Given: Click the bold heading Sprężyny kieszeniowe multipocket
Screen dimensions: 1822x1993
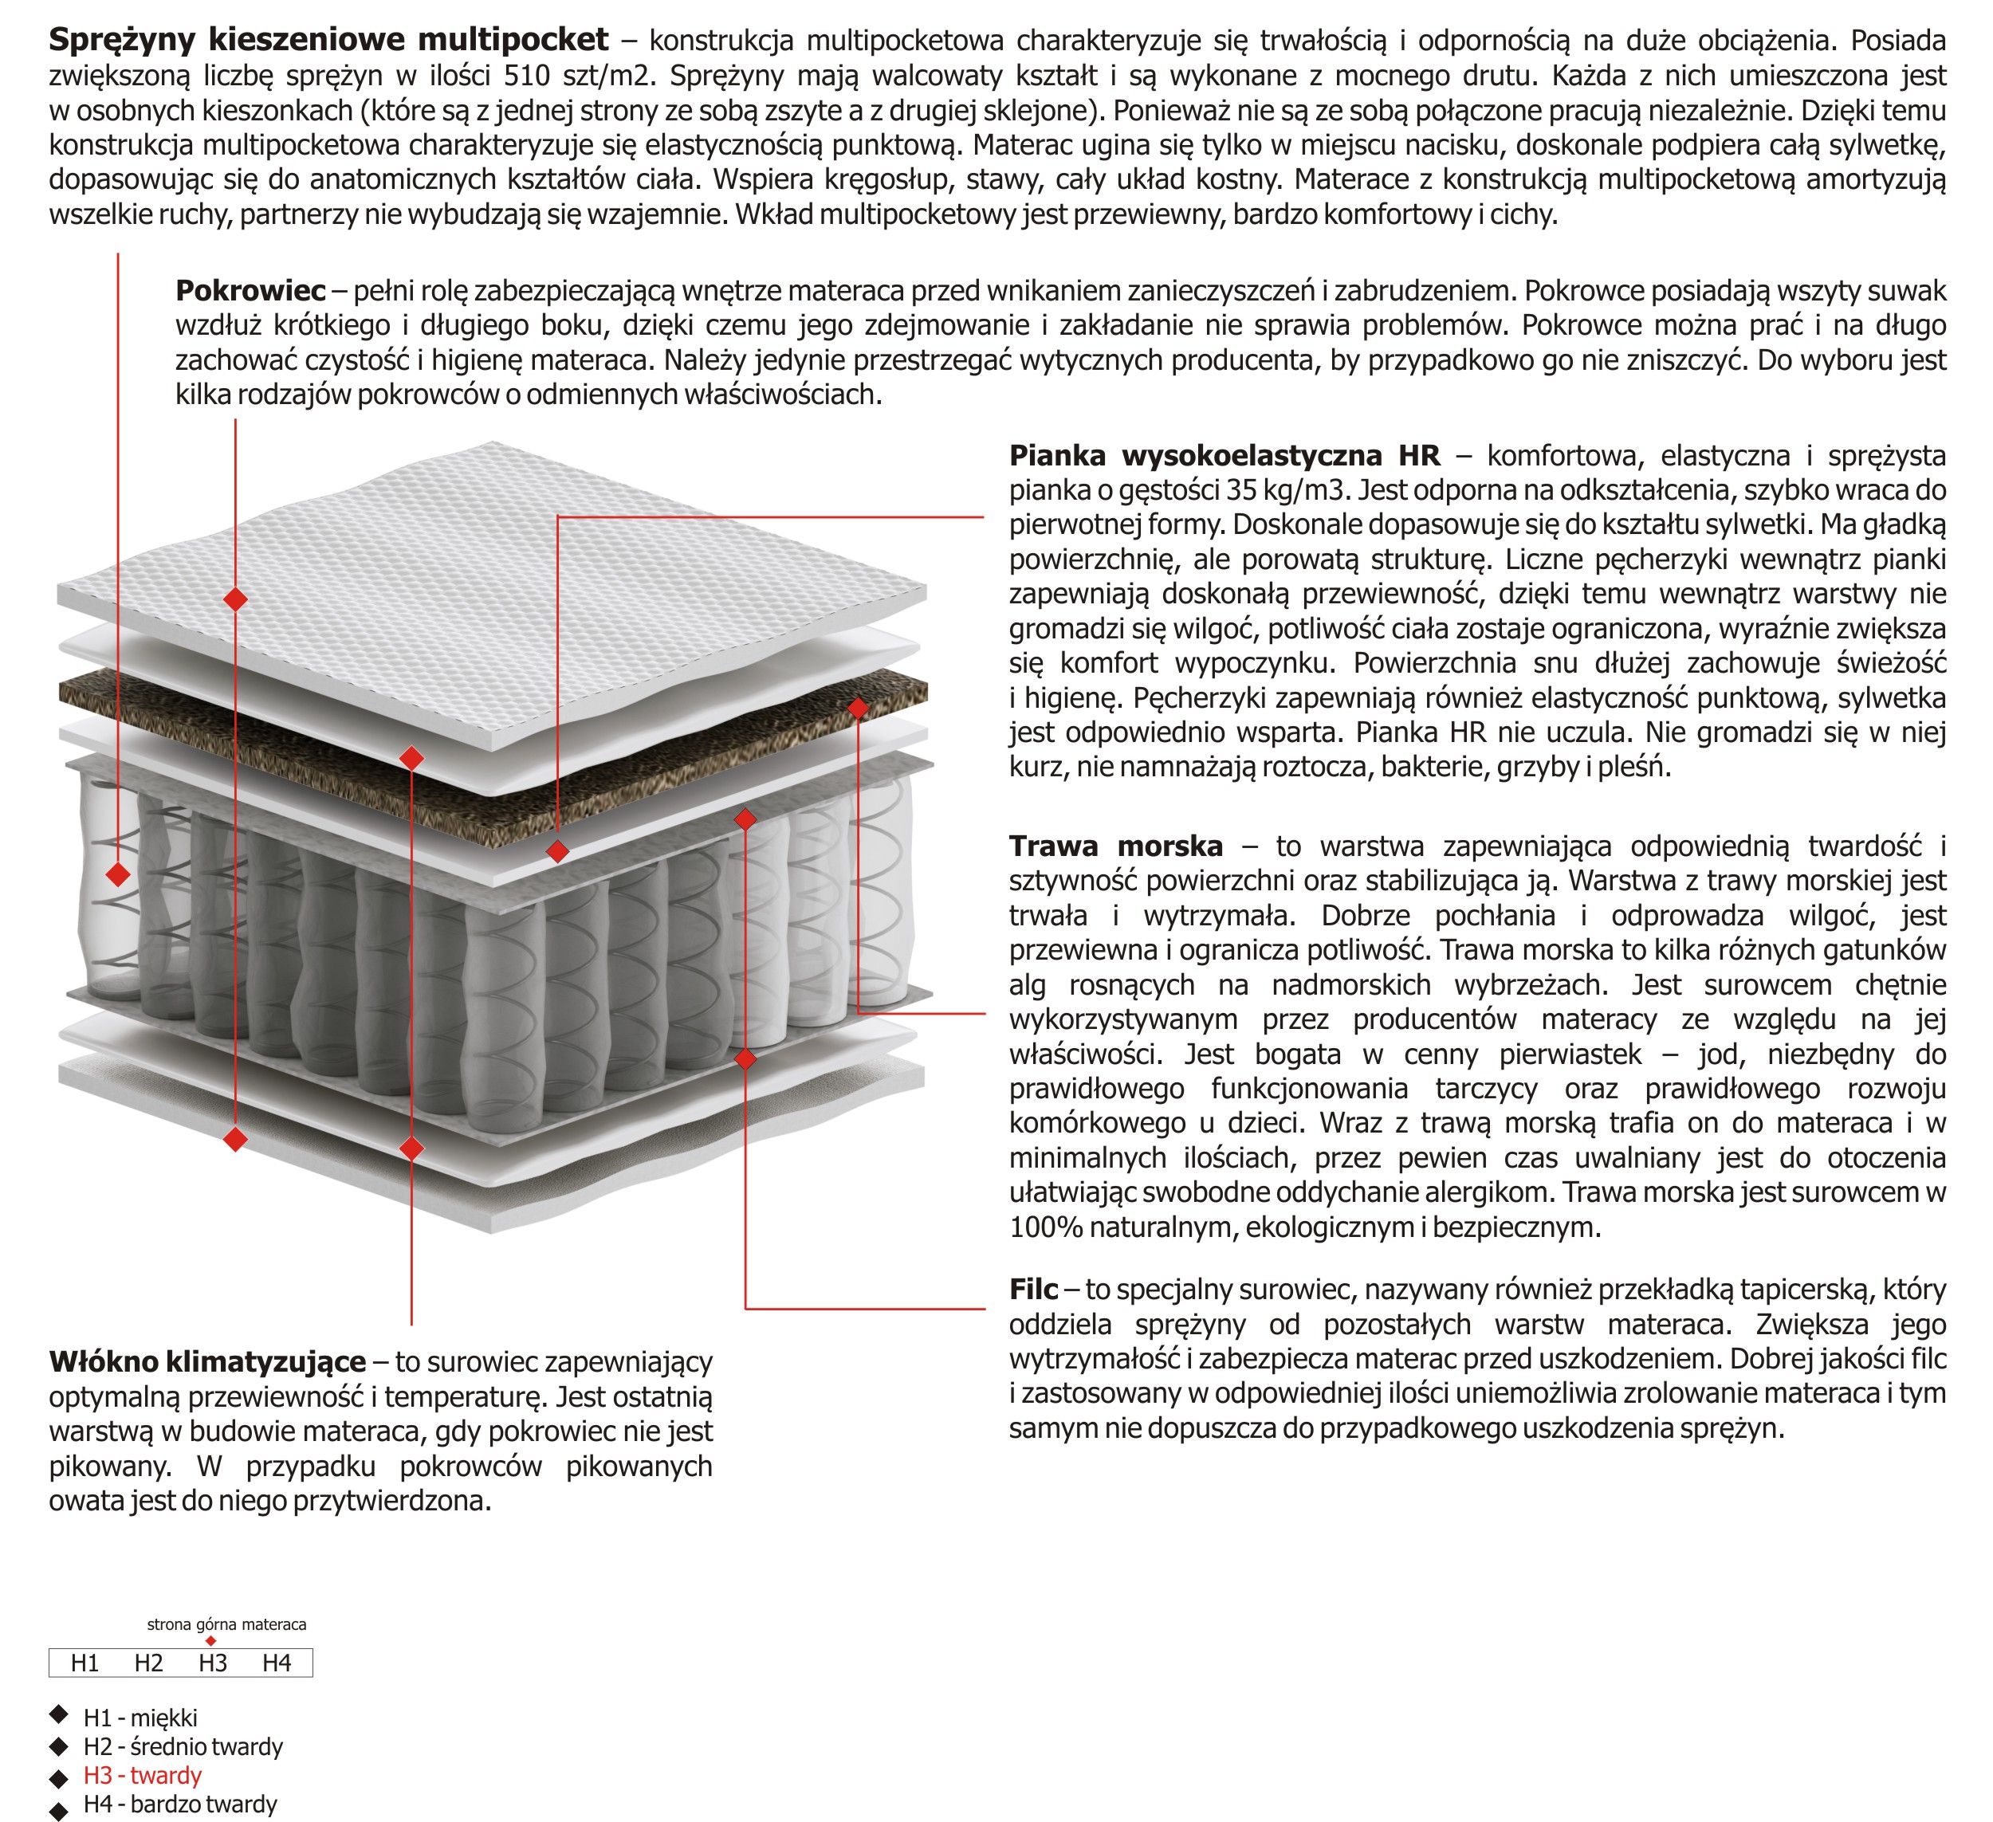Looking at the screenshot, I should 328,41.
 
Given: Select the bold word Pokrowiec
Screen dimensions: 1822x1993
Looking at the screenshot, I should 250,291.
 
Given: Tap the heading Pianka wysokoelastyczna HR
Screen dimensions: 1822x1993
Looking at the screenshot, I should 1224,456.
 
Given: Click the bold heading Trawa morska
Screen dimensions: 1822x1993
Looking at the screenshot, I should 1115,846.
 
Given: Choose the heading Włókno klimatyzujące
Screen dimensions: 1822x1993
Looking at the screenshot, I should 207,1362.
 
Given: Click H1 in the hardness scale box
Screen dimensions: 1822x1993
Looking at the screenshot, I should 85,1663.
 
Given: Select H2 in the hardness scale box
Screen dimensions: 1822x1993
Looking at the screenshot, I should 148,1663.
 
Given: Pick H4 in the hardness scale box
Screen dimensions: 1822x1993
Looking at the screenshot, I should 277,1663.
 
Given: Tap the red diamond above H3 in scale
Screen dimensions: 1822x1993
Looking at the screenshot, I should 210,1641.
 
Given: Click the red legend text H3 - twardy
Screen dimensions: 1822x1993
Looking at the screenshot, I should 143,1776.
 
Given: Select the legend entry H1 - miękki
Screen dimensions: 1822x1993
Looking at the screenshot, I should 140,1718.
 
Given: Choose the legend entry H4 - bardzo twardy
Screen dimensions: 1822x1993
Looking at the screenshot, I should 180,1804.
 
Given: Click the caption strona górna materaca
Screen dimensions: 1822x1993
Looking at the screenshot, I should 226,1624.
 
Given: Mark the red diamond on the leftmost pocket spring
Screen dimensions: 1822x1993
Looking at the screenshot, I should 118,874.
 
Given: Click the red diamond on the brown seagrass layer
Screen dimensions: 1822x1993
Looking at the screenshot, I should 858,708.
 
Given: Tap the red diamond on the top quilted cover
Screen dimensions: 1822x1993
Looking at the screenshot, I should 235,599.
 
